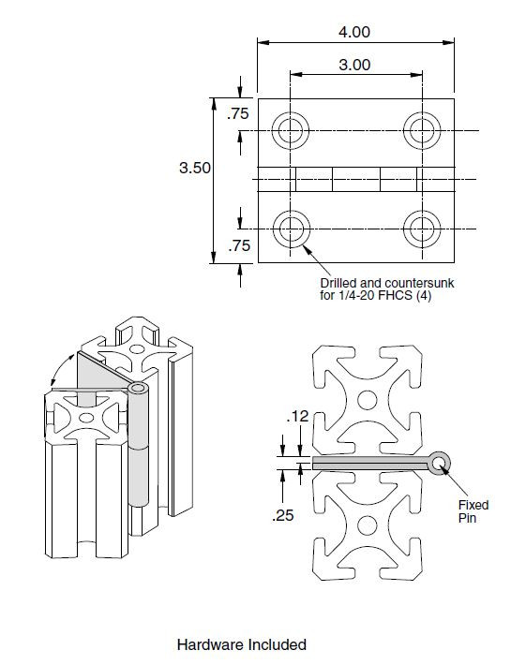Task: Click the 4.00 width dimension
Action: point(353,31)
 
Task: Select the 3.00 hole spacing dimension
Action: point(353,65)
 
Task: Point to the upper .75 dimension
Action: point(238,114)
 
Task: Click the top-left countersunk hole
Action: point(292,130)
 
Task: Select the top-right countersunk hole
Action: point(418,130)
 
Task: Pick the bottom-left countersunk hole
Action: point(292,226)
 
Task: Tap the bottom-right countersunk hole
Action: point(418,226)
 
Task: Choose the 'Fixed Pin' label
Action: point(465,510)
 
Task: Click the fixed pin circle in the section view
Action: point(439,461)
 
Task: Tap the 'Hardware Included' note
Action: point(241,644)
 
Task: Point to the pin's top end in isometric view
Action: point(138,387)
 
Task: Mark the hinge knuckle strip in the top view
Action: point(355,178)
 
